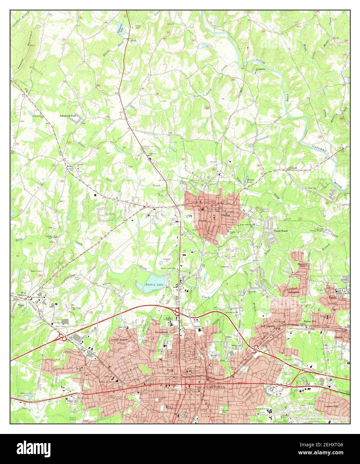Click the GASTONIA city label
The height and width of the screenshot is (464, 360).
[x=216, y=387]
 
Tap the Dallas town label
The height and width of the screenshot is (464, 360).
[x=226, y=216]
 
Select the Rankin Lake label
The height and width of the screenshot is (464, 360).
[x=154, y=284]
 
